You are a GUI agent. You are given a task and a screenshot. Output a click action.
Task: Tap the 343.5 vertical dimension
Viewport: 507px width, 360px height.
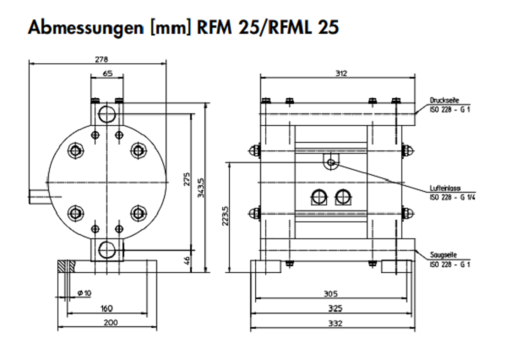(x=200, y=187)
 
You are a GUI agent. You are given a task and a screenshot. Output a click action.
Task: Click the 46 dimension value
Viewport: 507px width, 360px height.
(x=188, y=261)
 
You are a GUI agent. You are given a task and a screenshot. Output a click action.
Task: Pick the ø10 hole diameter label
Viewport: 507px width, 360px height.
(x=84, y=292)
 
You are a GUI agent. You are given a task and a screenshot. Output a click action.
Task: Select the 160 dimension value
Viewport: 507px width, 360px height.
(x=106, y=308)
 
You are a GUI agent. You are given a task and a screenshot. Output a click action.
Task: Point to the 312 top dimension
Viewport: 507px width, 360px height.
(x=340, y=74)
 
